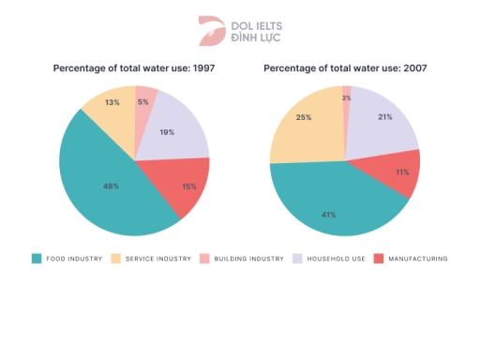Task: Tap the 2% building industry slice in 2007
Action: (x=347, y=97)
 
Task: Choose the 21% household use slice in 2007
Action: (x=384, y=120)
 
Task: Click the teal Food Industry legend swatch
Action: (x=37, y=258)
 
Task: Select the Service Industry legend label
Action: (x=157, y=258)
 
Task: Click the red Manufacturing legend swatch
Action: (x=379, y=258)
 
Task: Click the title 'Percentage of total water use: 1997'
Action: (x=134, y=68)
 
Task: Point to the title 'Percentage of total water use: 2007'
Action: (x=344, y=68)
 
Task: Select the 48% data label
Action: (x=111, y=186)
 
